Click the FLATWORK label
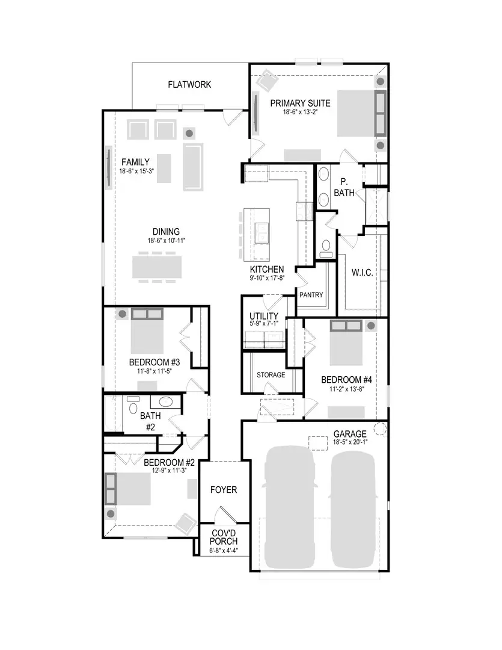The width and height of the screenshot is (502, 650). (x=189, y=85)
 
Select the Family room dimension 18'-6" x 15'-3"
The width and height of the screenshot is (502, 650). (x=137, y=171)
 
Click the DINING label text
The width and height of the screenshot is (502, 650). (x=166, y=232)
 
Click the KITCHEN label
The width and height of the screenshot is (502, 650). (x=267, y=269)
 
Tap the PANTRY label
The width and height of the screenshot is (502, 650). (x=311, y=295)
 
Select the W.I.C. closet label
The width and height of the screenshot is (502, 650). (x=362, y=273)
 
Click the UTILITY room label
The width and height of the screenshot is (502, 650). (x=264, y=316)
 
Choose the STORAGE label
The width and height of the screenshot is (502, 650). (x=271, y=375)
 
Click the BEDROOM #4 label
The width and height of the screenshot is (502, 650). (x=347, y=380)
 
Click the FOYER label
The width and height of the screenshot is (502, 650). (x=223, y=490)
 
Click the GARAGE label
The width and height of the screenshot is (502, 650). (x=350, y=433)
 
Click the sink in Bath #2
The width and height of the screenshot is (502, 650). (x=165, y=402)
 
